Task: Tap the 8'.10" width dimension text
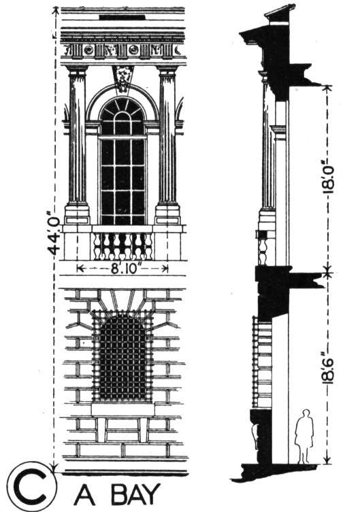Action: (123, 269)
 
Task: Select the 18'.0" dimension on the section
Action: (329, 179)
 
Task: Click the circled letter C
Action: (32, 486)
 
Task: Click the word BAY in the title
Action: (135, 494)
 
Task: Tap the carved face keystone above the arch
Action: (122, 79)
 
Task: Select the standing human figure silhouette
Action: (304, 437)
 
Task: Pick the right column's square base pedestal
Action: (167, 214)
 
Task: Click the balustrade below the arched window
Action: (122, 246)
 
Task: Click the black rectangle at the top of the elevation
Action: (122, 17)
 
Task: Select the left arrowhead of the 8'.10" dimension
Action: (80, 269)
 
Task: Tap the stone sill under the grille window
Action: (122, 409)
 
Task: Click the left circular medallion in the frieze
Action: (88, 50)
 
